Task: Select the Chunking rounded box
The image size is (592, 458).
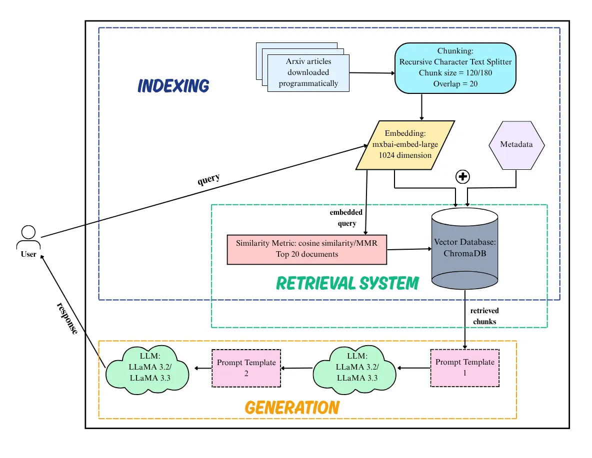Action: (455, 67)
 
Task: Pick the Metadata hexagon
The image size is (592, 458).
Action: (516, 144)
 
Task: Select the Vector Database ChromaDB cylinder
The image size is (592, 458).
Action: (465, 248)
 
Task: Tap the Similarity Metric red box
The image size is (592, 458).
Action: (307, 249)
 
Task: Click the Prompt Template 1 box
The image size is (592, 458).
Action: (464, 367)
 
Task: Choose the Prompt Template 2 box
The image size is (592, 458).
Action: (246, 368)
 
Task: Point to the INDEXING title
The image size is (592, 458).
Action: (173, 86)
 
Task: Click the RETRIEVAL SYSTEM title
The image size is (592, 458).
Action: (347, 284)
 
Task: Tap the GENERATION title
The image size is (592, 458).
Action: (292, 408)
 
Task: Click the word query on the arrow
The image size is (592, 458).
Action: (208, 178)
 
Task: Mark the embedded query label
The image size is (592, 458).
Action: (346, 218)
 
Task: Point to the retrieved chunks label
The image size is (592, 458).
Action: (484, 316)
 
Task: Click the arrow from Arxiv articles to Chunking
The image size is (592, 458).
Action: (372, 73)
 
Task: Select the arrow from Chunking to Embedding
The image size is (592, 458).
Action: (422, 106)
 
